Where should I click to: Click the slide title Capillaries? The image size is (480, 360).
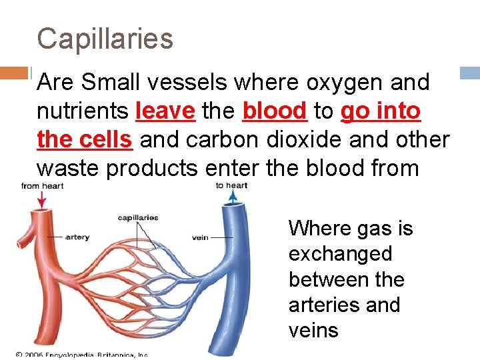pyautogui.click(x=105, y=39)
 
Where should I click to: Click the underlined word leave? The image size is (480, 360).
pyautogui.click(x=165, y=111)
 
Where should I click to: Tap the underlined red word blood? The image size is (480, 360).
pyautogui.click(x=275, y=111)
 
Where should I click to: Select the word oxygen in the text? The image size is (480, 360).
pyautogui.click(x=347, y=83)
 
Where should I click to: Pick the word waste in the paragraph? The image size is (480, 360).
pyautogui.click(x=68, y=169)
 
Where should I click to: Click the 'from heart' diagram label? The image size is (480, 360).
pyautogui.click(x=42, y=185)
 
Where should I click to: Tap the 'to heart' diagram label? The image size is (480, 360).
pyautogui.click(x=231, y=185)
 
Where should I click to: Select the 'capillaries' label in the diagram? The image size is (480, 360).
pyautogui.click(x=137, y=217)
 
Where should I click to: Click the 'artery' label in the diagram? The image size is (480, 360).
pyautogui.click(x=77, y=237)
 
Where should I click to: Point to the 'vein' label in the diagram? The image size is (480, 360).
pyautogui.click(x=200, y=237)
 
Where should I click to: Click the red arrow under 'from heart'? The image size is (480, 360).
pyautogui.click(x=41, y=199)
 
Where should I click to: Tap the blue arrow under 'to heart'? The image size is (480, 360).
pyautogui.click(x=232, y=196)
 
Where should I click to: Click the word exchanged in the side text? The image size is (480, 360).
pyautogui.click(x=340, y=254)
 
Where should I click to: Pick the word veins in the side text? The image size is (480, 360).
pyautogui.click(x=313, y=330)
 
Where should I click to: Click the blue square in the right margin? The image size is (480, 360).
pyautogui.click(x=470, y=73)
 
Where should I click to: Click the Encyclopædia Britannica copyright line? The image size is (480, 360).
pyautogui.click(x=82, y=355)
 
